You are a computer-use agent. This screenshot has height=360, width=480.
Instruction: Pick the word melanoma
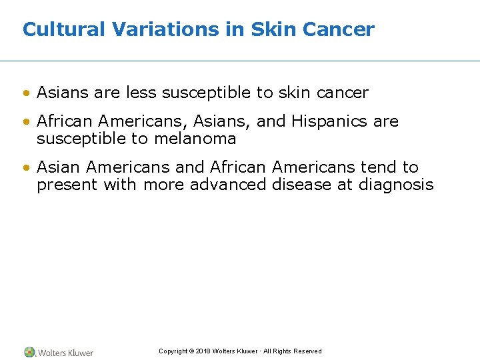pos(196,139)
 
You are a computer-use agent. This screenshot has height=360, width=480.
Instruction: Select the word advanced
pos(229,185)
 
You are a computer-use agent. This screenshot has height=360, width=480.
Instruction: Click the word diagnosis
pos(396,185)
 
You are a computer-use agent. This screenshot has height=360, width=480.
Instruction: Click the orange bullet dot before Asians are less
pos(26,93)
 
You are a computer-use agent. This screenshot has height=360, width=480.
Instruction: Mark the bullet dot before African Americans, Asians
pos(26,122)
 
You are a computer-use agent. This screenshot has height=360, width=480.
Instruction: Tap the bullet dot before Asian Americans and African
pos(26,168)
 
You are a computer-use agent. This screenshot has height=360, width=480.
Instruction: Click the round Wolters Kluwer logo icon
pos(29,352)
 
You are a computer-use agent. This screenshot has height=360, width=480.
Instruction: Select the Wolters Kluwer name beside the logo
pos(65,353)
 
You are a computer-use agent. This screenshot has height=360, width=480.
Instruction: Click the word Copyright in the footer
pos(173,351)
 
